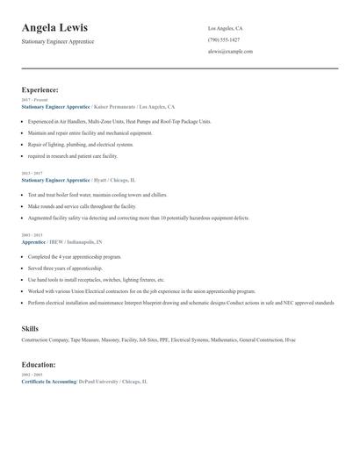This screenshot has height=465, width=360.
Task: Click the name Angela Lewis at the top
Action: tap(54, 28)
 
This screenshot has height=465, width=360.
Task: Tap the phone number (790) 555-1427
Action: tap(224, 40)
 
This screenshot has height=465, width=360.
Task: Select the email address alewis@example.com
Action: tap(230, 52)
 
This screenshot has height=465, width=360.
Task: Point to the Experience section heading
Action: tap(40, 89)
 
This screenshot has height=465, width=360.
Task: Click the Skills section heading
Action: tap(30, 327)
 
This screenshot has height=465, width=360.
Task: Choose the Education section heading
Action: tap(39, 364)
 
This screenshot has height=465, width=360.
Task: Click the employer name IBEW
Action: tap(55, 240)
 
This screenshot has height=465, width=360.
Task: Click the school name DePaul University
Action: tap(97, 383)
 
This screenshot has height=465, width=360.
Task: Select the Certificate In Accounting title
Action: tap(48, 383)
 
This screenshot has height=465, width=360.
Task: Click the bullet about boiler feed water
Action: tap(97, 194)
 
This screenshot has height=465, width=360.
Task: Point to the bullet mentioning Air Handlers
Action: tap(119, 121)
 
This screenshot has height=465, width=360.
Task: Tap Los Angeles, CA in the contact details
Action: tap(226, 28)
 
